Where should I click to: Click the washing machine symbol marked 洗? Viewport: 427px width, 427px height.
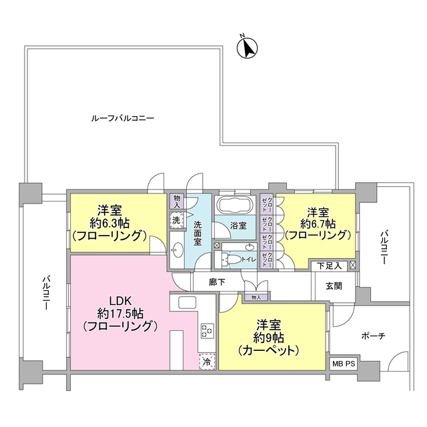(x=176, y=219)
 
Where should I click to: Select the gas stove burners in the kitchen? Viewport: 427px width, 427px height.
(x=206, y=330)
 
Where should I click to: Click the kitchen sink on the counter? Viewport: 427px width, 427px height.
(x=185, y=304)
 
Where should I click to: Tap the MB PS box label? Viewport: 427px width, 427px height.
(x=345, y=365)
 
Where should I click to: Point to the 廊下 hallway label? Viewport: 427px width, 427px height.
(x=218, y=282)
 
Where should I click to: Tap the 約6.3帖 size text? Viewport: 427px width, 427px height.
(x=109, y=222)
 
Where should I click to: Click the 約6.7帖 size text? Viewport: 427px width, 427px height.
(x=318, y=222)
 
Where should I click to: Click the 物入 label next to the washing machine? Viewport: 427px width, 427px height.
(x=177, y=200)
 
